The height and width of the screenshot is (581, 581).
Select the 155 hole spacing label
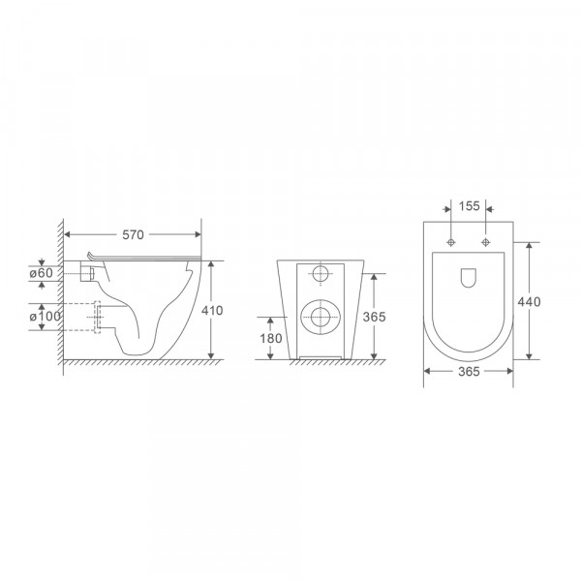[470, 206]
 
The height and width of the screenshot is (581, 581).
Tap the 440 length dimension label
[529, 302]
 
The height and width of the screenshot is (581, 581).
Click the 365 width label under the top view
[468, 370]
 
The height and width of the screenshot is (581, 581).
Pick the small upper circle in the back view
[321, 273]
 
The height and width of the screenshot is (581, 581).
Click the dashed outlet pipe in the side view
[97, 317]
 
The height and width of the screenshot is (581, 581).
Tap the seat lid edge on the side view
[145, 258]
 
